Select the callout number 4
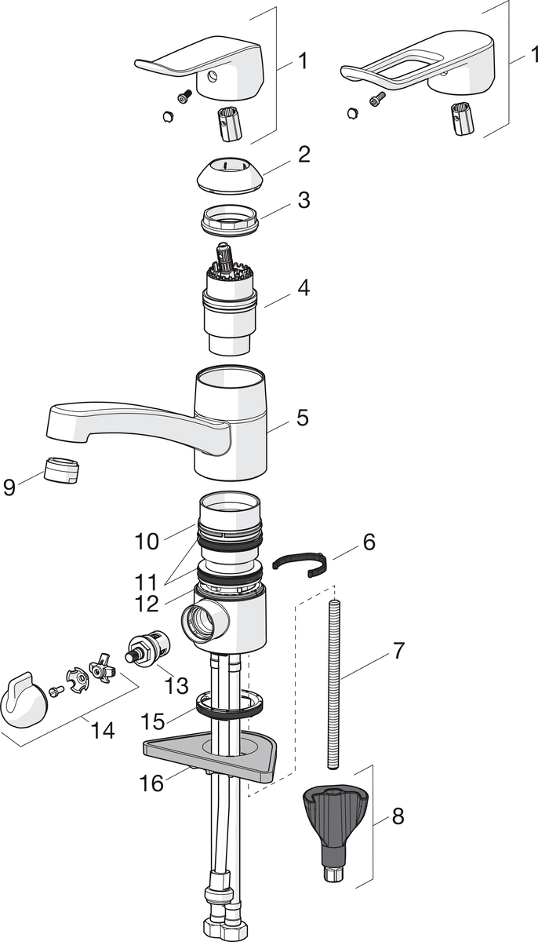tap(302, 288)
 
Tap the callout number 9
tap(9, 487)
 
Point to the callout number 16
tap(152, 783)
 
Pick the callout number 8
tap(398, 816)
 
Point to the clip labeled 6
tap(299, 562)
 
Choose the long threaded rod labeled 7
tap(336, 683)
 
